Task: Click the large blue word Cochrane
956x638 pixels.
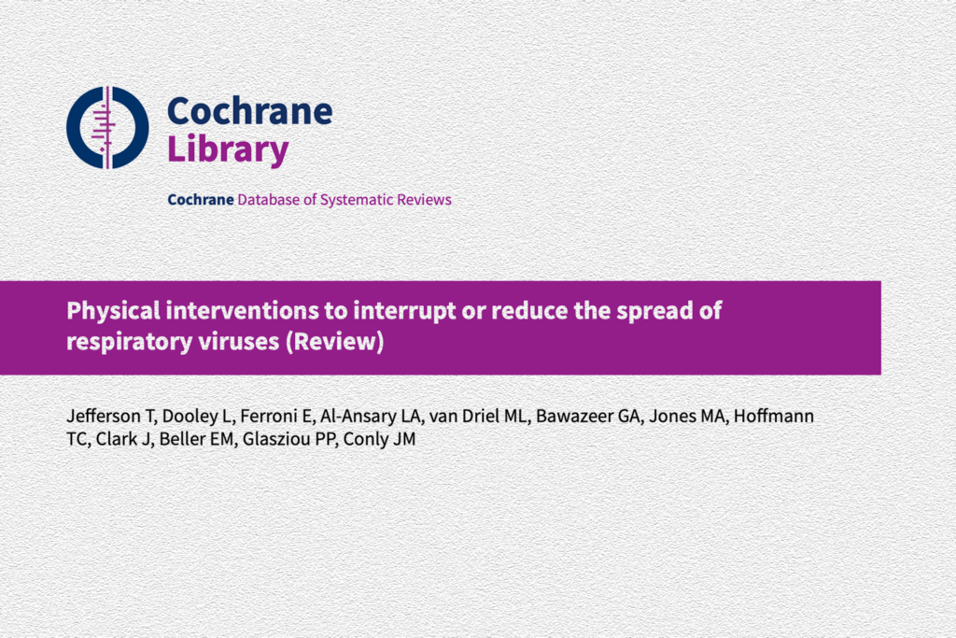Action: [250, 111]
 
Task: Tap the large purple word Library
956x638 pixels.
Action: [228, 149]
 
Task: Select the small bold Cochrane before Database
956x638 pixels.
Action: [201, 200]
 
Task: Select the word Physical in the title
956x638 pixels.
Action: [113, 311]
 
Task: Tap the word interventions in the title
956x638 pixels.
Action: [242, 310]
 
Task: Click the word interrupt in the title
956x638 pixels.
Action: [405, 312]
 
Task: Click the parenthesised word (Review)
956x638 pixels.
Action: [335, 342]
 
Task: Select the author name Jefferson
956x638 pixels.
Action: [104, 416]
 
